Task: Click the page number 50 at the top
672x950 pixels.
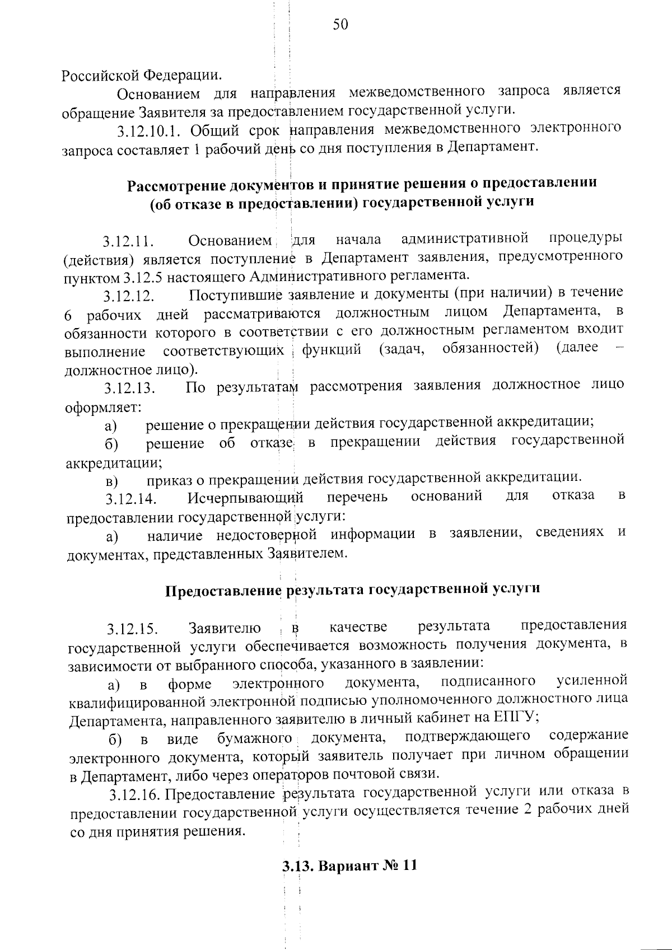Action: click(340, 24)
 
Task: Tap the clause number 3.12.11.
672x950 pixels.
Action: click(128, 242)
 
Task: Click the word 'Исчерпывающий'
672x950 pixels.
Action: click(246, 497)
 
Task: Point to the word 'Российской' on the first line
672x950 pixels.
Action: click(100, 74)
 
